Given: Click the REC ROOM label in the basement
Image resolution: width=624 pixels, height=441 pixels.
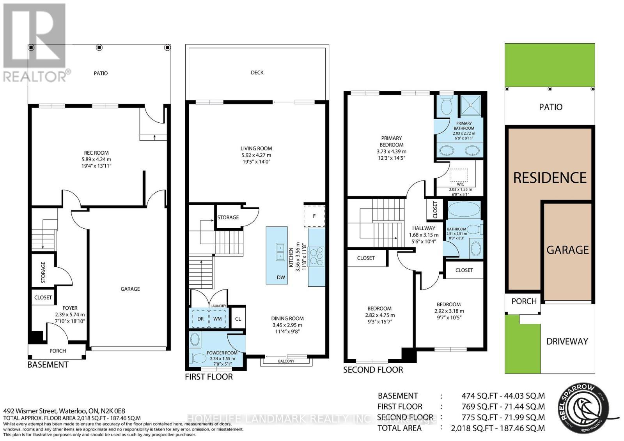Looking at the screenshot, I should pos(96,153).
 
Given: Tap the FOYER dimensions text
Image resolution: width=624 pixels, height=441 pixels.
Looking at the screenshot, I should pos(70,318).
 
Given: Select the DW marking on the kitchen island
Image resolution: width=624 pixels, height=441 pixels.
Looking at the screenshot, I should pos(281,278).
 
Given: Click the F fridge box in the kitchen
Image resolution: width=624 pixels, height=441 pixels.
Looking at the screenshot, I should pos(314,216).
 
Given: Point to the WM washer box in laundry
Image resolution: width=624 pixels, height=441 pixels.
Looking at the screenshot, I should pos(217,319).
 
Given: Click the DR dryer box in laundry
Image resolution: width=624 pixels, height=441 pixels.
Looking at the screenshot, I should pos(200,319).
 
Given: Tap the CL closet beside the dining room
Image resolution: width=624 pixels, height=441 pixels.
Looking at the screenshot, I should pos(238,319).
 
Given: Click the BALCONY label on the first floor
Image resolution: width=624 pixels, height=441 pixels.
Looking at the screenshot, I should pos(286,361).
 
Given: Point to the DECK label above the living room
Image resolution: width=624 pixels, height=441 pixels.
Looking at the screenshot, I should pos(257,72).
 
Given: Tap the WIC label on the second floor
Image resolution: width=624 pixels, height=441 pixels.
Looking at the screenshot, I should pos(460,184).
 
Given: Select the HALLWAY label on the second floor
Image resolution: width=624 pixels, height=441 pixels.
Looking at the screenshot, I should pos(424,228).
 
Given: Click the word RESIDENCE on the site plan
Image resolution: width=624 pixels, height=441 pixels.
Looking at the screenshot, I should pos(550,178).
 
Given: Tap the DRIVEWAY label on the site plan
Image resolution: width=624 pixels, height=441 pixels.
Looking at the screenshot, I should pos(567,341).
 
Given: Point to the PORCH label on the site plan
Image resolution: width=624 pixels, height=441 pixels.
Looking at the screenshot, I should pos(524,301).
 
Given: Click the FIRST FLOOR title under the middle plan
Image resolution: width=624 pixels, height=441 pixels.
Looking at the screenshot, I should pos(209,377).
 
